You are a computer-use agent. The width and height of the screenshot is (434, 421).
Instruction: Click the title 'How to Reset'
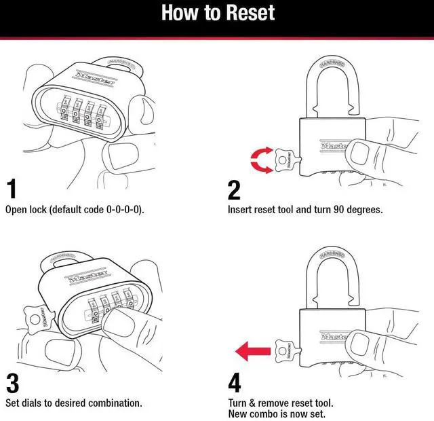tap(217, 14)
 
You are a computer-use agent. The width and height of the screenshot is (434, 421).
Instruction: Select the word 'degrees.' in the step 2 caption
tap(363, 209)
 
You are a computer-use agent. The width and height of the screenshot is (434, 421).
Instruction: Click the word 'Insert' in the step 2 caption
tap(240, 209)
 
